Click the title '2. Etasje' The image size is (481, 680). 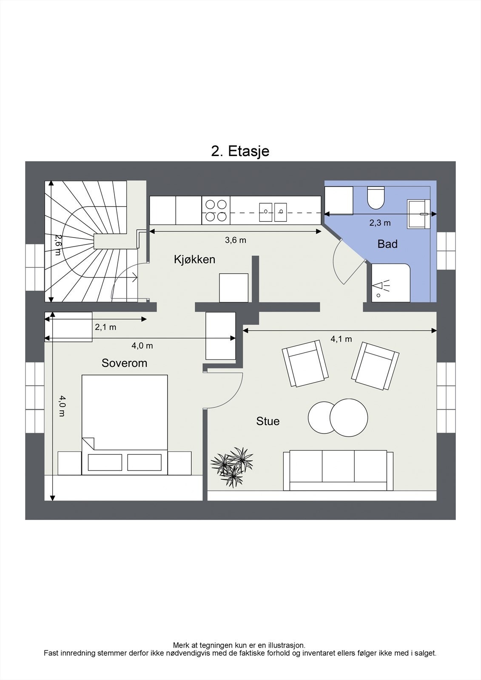coord(240,151)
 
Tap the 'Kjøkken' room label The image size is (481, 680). coord(194,259)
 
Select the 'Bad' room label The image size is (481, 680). coord(387,244)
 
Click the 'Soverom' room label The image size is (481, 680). coord(124,363)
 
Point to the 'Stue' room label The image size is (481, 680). coord(268,421)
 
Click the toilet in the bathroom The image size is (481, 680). coord(376,198)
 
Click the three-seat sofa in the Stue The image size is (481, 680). coord(338,470)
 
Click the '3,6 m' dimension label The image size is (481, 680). coord(236,240)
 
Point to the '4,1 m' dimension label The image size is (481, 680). coord(341,339)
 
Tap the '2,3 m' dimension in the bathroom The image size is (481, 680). coord(380,223)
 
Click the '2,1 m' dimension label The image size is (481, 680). coord(105,327)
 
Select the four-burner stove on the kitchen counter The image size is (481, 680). coord(216,210)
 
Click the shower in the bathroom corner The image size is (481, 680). coord(390,283)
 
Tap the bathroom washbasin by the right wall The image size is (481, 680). coord(418,214)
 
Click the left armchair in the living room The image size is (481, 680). coord(305,363)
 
